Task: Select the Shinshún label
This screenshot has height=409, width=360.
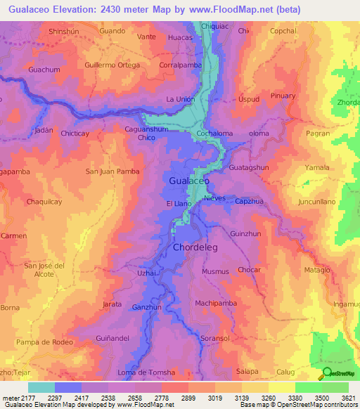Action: (67, 32)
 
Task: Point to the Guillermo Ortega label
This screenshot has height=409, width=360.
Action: (112, 65)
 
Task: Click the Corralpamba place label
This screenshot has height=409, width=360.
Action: (181, 65)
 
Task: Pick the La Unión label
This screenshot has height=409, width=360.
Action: (180, 99)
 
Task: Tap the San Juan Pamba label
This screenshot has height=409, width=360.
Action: (112, 171)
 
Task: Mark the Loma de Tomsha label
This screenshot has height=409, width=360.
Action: (146, 372)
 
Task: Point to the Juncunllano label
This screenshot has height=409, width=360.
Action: (321, 201)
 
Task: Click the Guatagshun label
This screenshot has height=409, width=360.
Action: (249, 168)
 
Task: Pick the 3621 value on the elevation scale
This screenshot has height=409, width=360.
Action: (349, 398)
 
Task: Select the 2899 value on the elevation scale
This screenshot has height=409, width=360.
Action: (188, 398)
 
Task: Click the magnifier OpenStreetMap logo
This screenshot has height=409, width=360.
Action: (326, 373)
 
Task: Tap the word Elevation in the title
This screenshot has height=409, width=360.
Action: (76, 10)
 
